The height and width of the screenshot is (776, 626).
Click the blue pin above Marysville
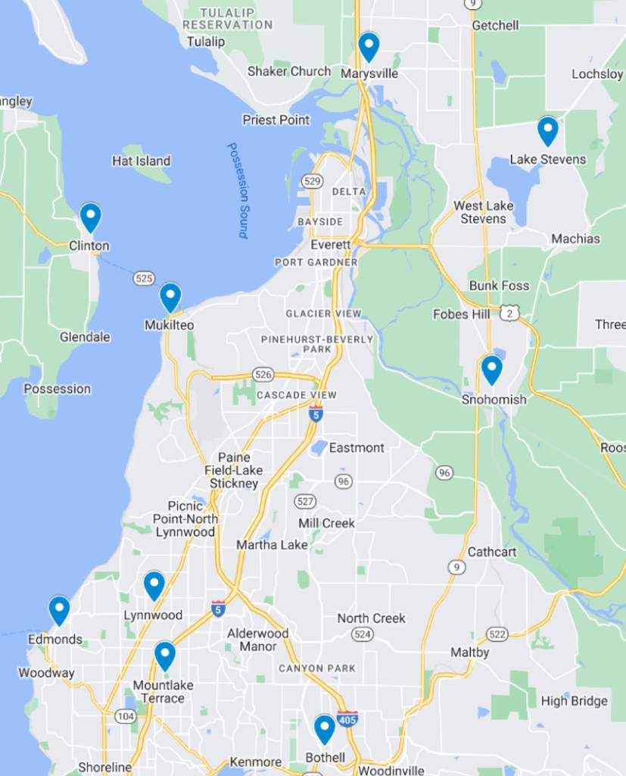(x=369, y=46)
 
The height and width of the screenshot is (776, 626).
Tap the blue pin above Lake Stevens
(x=547, y=130)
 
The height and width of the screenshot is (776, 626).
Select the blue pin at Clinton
(x=90, y=217)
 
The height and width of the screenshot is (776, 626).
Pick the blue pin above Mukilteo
(x=170, y=296)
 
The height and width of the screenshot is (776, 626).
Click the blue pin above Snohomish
(x=492, y=370)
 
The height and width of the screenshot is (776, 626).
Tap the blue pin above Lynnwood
(x=154, y=585)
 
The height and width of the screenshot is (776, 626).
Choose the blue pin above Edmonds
(x=59, y=610)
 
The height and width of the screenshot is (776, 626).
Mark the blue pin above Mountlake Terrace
(x=165, y=656)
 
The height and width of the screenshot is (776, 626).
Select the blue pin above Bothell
(x=325, y=729)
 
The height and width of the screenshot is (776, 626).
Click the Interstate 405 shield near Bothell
(x=347, y=719)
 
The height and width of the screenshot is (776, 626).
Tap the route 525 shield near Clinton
(x=144, y=278)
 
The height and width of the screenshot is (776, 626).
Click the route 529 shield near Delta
(x=311, y=181)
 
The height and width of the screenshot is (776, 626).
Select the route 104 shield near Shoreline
(x=125, y=715)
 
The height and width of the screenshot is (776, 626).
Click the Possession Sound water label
(x=238, y=190)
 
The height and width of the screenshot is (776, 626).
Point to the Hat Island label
(x=141, y=161)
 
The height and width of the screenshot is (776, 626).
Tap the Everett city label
(x=331, y=245)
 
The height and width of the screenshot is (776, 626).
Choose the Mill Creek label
(x=326, y=523)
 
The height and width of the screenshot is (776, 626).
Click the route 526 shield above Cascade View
(x=263, y=374)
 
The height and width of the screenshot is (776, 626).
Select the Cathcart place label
(x=492, y=552)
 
